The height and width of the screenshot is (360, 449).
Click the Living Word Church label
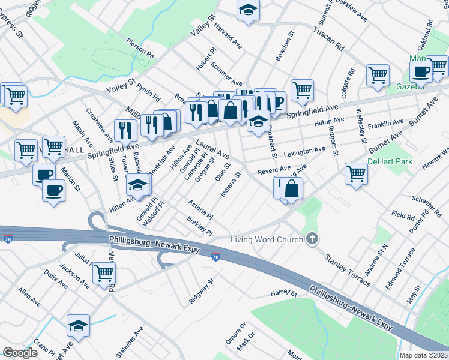pyautogui.click(x=267, y=240)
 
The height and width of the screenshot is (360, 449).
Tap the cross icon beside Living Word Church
pyautogui.click(x=312, y=239)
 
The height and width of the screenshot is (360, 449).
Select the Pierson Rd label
pyautogui.click(x=140, y=49)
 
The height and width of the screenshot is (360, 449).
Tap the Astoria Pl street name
pyautogui.click(x=200, y=209)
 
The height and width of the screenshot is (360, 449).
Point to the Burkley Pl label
pyautogui.click(x=200, y=227)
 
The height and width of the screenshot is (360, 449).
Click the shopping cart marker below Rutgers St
pyautogui.click(x=356, y=173)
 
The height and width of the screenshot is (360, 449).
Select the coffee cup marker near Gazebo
pyautogui.click(x=421, y=71)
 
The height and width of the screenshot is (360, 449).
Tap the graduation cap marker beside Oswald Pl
pyautogui.click(x=138, y=185)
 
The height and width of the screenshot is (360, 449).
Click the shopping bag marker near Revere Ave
pyautogui.click(x=291, y=188)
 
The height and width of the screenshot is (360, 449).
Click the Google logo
pyautogui.click(x=20, y=353)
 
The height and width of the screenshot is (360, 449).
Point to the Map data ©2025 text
pyautogui.click(x=423, y=355)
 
